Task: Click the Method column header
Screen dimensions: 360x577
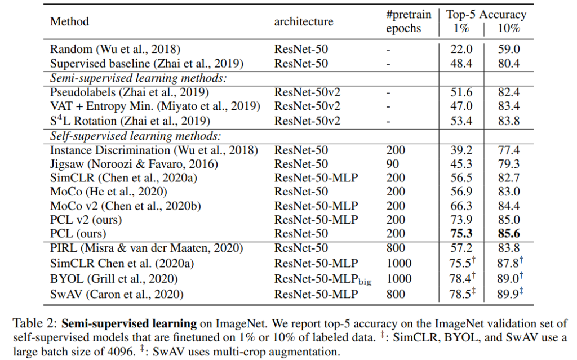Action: pyautogui.click(x=69, y=22)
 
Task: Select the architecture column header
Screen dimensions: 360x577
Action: pyautogui.click(x=303, y=22)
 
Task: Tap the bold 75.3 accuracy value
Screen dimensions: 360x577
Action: pyautogui.click(x=461, y=233)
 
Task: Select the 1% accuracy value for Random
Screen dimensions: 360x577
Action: pyautogui.click(x=461, y=49)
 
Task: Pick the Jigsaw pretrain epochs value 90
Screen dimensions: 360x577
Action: pyautogui.click(x=393, y=164)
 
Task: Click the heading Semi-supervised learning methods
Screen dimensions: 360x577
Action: pyautogui.click(x=141, y=78)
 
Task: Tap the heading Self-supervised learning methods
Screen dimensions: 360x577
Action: pyautogui.click(x=136, y=136)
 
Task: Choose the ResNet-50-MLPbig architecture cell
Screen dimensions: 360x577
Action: pyautogui.click(x=323, y=278)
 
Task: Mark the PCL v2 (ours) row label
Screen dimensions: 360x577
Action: pyautogui.click(x=86, y=219)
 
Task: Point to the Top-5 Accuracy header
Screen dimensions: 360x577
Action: pyautogui.click(x=486, y=15)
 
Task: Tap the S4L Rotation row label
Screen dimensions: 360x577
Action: pyautogui.click(x=130, y=121)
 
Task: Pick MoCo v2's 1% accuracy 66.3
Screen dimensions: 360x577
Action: pyautogui.click(x=461, y=206)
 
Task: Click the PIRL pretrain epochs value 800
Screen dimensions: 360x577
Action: pyautogui.click(x=396, y=248)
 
